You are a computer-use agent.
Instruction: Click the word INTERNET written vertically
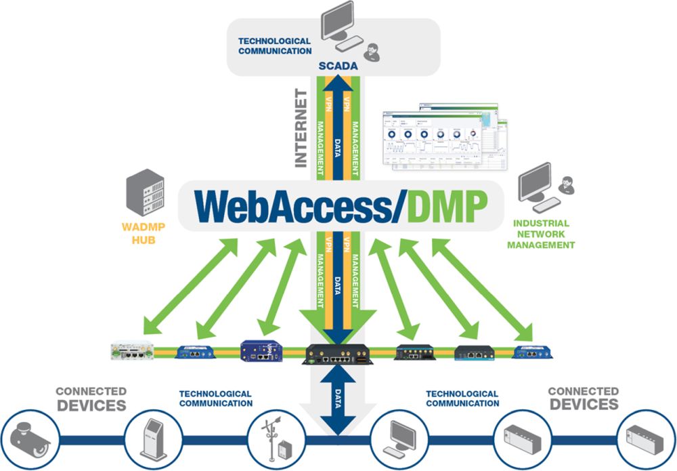click(300, 127)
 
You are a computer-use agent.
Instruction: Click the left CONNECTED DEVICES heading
click(91, 398)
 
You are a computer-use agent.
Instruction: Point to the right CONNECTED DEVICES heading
click(583, 398)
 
